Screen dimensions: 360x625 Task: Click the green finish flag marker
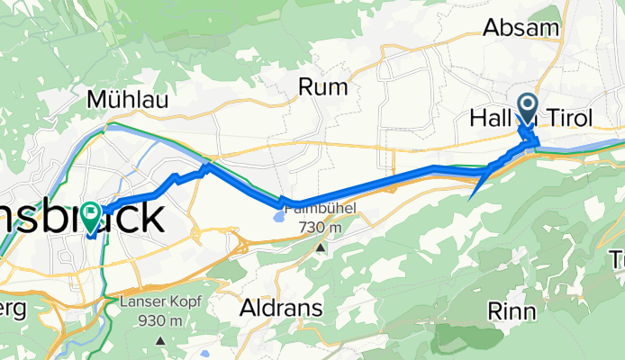[91, 215]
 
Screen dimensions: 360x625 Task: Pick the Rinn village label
[511, 311]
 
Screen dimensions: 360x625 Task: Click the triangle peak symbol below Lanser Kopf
[159, 340]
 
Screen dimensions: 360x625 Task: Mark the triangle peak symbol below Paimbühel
[319, 245]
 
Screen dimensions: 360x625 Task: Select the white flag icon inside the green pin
[91, 212]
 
